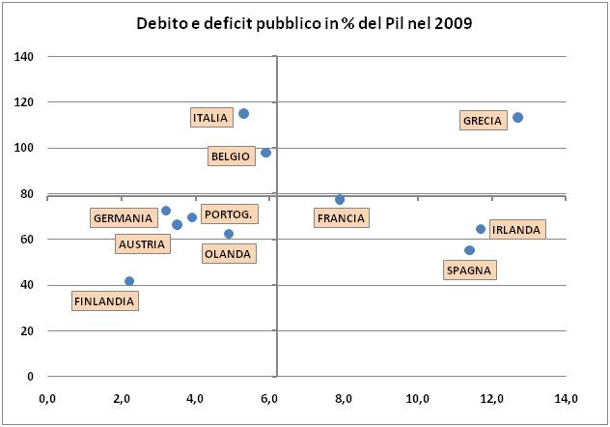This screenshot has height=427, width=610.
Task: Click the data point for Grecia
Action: click(x=517, y=118)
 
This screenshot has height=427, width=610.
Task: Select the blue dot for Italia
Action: click(x=243, y=114)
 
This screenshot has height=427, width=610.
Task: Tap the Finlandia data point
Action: click(x=129, y=281)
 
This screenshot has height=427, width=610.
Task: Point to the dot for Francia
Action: click(x=340, y=200)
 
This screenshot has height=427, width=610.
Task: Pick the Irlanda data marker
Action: click(x=481, y=229)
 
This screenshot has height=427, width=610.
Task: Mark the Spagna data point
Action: click(x=469, y=250)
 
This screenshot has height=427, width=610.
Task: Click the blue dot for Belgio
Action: click(x=265, y=153)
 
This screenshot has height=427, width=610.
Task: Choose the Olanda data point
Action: click(x=229, y=234)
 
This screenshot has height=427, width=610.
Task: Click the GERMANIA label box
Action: click(x=123, y=218)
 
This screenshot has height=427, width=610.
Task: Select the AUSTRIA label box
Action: click(x=141, y=244)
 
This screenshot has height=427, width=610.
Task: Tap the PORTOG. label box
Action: click(x=229, y=214)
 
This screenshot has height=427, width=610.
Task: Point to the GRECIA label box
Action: click(x=483, y=121)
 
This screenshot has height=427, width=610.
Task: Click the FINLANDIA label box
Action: click(x=104, y=301)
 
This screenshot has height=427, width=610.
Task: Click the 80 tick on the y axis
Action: click(x=27, y=194)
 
